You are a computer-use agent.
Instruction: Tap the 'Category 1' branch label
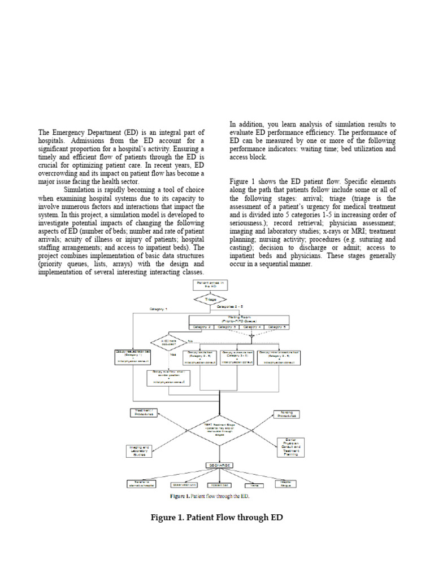(x=159, y=309)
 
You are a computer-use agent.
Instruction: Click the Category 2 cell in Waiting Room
(x=202, y=327)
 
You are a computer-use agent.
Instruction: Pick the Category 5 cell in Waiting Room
(x=277, y=327)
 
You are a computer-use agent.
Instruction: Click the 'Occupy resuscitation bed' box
(x=131, y=356)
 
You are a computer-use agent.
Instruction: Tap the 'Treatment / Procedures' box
(x=145, y=412)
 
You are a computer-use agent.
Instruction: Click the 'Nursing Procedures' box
(x=286, y=414)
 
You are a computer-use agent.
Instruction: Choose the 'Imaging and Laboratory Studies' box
(x=139, y=450)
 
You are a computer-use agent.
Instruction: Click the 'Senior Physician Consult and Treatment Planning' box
(x=290, y=446)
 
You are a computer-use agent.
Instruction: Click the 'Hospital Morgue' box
(x=285, y=484)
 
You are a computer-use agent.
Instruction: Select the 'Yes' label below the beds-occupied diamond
(x=173, y=354)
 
